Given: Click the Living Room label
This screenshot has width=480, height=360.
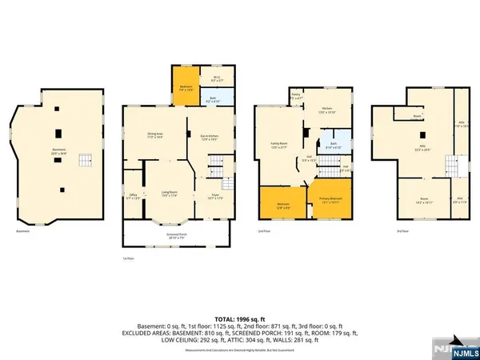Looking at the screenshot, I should (169, 194).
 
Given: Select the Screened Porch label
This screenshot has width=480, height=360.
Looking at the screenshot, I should (171, 236).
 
